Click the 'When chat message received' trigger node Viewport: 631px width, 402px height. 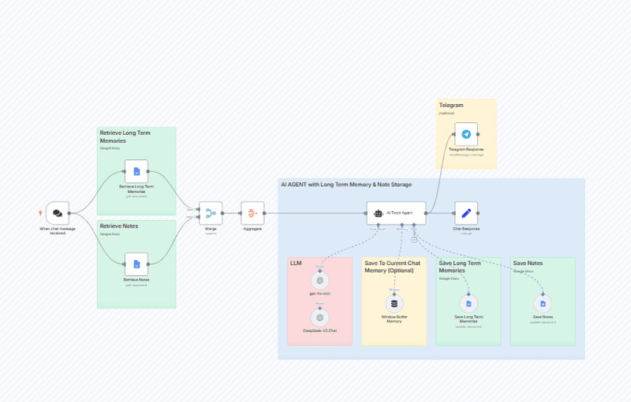click(x=58, y=213)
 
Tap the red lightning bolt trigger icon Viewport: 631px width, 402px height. click(x=41, y=213)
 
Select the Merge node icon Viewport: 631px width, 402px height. click(x=211, y=213)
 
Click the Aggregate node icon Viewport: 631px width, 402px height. click(x=253, y=213)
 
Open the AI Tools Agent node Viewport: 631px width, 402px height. click(x=396, y=213)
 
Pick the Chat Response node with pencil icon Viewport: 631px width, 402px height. click(x=466, y=213)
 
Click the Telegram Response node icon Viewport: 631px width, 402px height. click(x=466, y=135)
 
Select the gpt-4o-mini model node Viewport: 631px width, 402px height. click(x=319, y=280)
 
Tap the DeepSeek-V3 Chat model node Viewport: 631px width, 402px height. click(x=319, y=317)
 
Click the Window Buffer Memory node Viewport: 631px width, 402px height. click(x=394, y=303)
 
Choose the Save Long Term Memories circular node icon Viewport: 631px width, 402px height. click(x=469, y=303)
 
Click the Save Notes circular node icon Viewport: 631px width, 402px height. click(x=543, y=303)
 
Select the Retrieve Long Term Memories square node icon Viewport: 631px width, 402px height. click(x=136, y=171)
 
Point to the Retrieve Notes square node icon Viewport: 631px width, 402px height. click(x=136, y=264)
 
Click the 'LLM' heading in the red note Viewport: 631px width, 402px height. click(x=296, y=263)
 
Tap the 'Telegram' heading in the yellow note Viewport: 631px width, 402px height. click(x=451, y=105)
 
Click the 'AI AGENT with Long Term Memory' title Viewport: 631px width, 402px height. click(x=345, y=184)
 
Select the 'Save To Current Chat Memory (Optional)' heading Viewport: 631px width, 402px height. click(x=393, y=266)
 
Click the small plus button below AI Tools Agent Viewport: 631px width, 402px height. click(x=413, y=240)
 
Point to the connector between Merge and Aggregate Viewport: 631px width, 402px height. click(x=232, y=213)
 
